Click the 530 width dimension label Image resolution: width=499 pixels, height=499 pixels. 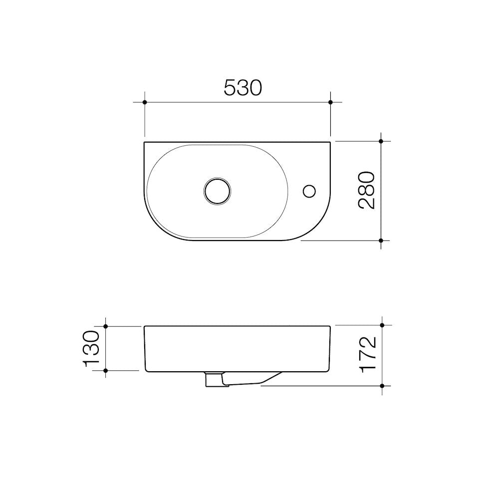click(243, 88)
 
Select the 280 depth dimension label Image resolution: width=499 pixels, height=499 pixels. click(366, 190)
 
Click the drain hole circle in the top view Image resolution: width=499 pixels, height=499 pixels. click(217, 190)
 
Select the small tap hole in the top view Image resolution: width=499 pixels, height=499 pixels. click(309, 190)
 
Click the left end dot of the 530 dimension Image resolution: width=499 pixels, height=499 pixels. click(144, 102)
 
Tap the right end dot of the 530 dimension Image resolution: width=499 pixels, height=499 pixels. click(330, 102)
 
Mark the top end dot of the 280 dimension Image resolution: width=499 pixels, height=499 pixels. click(381, 141)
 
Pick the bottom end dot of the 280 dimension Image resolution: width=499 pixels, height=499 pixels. click(381, 241)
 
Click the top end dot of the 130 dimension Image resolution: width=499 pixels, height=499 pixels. click(106, 326)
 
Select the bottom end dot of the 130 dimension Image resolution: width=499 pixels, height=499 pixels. click(106, 371)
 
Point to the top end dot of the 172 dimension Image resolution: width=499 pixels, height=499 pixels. click(382, 325)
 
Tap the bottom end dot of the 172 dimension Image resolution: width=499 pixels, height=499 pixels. click(382, 386)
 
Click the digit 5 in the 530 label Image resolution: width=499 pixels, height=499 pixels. click(230, 88)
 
